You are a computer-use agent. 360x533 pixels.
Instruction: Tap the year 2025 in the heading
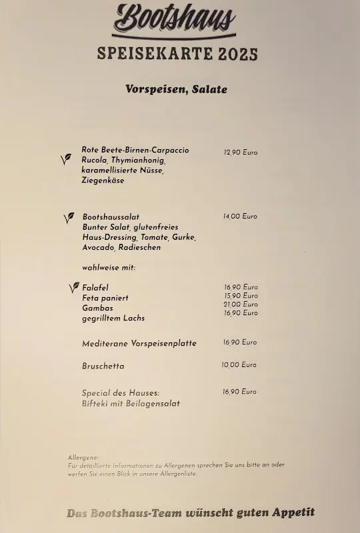click(237, 55)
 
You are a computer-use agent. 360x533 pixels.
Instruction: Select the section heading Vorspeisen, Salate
click(176, 89)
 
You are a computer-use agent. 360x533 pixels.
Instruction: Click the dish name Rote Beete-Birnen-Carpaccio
click(135, 150)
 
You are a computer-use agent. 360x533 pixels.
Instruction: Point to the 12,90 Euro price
click(241, 153)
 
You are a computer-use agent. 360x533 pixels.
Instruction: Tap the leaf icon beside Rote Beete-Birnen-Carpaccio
click(65, 159)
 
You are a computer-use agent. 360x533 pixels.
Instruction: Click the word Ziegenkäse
click(103, 180)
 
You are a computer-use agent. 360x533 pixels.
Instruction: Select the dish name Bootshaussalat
click(111, 217)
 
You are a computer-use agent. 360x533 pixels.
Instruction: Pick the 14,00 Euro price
click(240, 217)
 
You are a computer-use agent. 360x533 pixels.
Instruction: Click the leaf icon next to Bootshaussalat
click(68, 218)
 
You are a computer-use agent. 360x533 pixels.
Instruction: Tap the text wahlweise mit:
click(109, 267)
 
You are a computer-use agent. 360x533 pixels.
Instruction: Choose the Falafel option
click(95, 287)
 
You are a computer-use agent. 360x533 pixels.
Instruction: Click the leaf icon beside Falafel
click(73, 288)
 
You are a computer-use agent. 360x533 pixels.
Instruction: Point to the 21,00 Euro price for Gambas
click(241, 304)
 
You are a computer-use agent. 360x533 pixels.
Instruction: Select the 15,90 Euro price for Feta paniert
click(241, 296)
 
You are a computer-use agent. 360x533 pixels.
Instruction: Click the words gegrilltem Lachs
click(113, 318)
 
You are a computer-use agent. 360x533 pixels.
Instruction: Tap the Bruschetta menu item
click(103, 366)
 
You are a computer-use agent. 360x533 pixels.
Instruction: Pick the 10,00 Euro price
click(239, 365)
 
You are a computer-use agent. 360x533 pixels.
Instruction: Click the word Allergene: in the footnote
click(83, 458)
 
